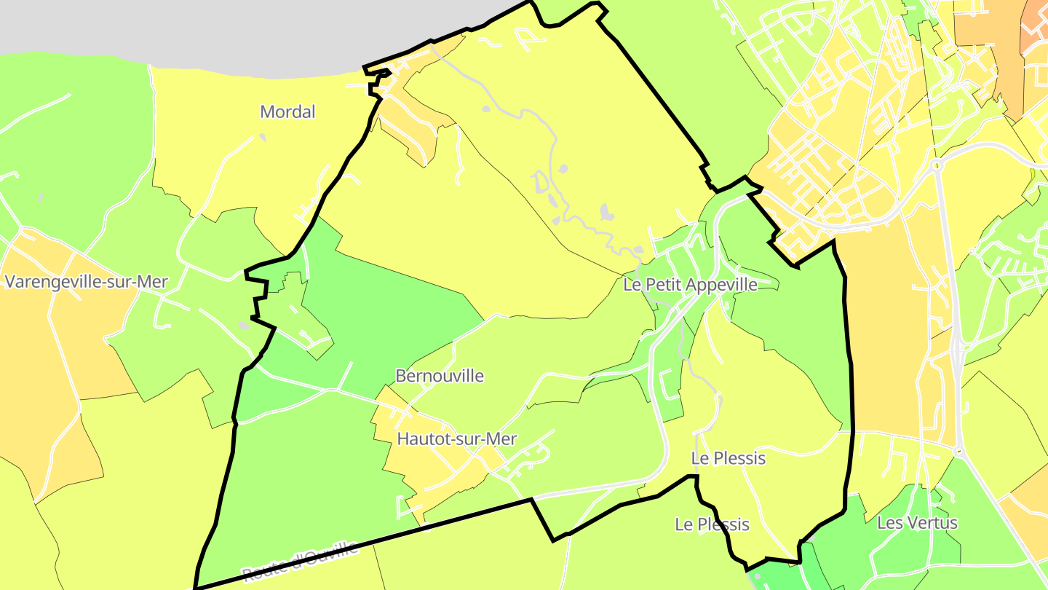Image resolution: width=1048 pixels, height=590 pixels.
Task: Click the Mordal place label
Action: pos(288,112)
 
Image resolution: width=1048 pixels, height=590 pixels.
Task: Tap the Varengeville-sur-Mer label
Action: pos(86,282)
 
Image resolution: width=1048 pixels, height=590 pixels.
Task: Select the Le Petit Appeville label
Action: pos(690,285)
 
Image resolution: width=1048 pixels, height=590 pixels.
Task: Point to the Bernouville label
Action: pos(440,376)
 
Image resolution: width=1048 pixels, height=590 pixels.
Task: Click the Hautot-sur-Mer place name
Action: pos(457,439)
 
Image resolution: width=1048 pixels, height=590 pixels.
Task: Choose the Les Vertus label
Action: pos(917,523)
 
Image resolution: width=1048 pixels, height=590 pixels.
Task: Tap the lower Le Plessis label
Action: pos(712,524)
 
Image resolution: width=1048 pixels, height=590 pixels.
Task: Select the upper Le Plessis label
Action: pos(729,458)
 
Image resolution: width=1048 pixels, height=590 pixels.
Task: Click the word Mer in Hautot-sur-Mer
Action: pos(503,439)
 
